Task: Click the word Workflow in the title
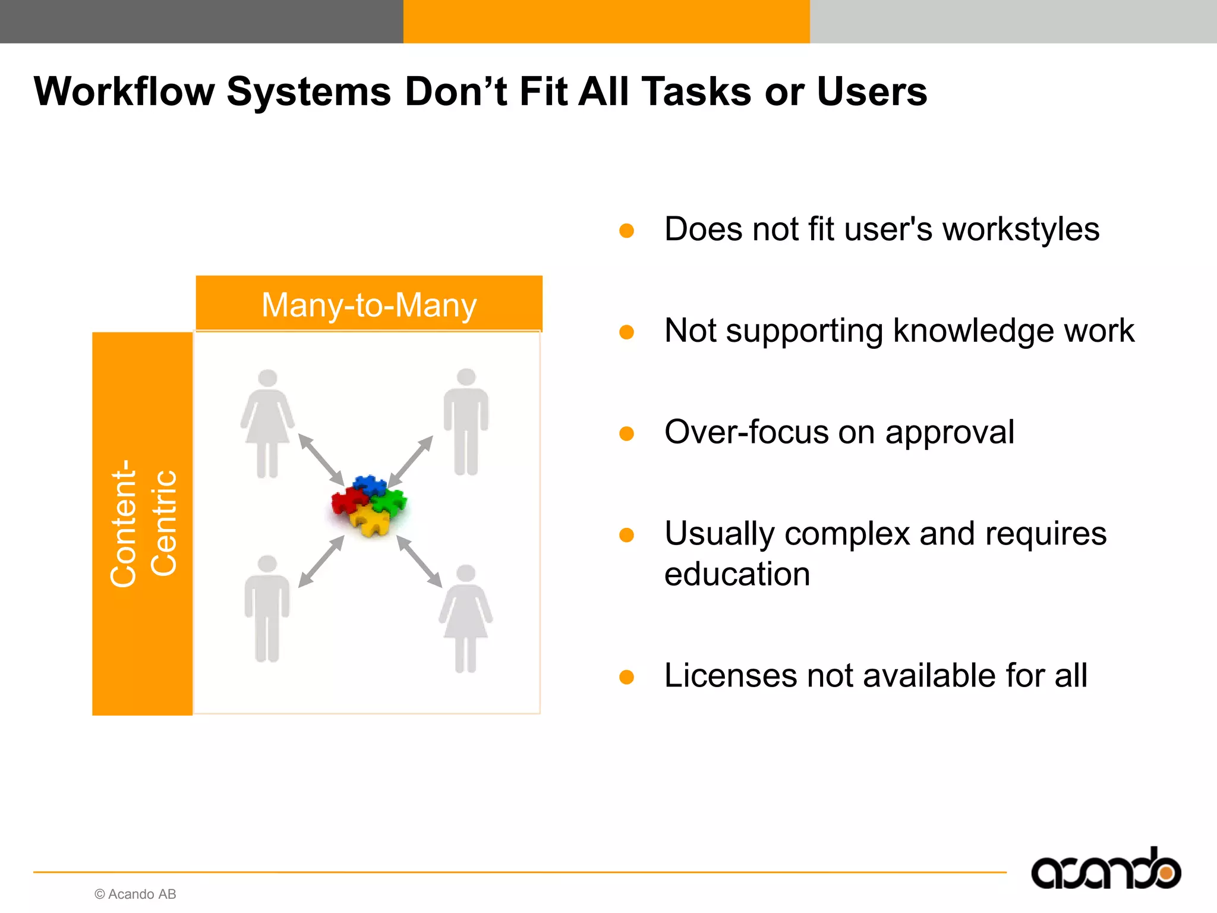pos(124,92)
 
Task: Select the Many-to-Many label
pos(369,305)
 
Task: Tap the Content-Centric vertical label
pos(143,523)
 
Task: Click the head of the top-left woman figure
pos(267,378)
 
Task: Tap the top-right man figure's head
pos(466,377)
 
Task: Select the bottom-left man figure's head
pos(267,563)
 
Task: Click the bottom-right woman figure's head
pos(465,573)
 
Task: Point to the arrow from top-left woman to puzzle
pos(321,459)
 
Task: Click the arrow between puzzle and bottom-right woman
pos(419,561)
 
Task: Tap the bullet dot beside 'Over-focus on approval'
pos(626,433)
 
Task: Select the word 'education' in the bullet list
pos(737,574)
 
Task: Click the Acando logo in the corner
pos(1106,870)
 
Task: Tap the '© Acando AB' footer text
pos(135,894)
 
